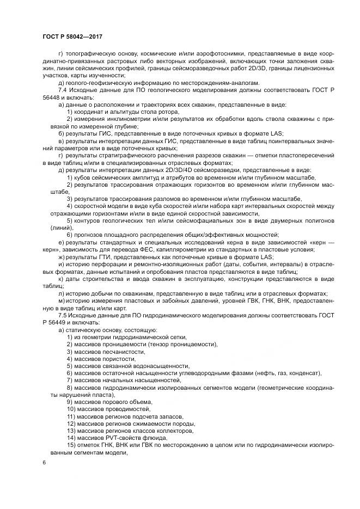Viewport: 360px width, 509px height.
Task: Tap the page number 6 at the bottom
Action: [x=45, y=462]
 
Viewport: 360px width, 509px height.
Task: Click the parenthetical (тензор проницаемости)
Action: [x=182, y=345]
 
